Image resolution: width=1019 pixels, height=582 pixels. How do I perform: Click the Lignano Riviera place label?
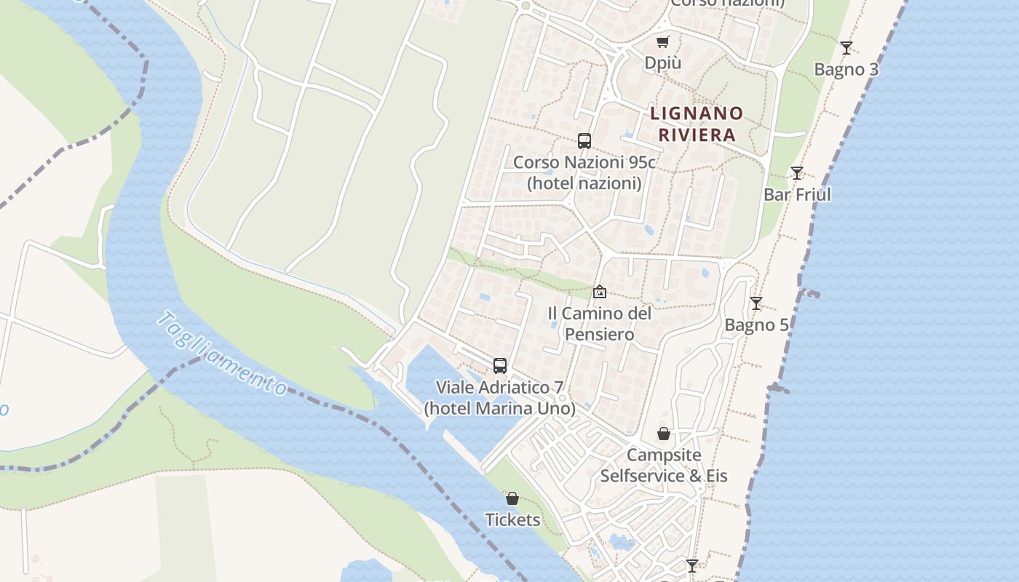tap(697, 124)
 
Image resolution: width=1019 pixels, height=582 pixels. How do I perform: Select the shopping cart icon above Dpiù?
tap(662, 42)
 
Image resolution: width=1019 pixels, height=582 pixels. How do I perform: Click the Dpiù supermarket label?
tap(662, 63)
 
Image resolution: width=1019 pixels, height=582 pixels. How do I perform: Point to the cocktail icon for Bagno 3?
tap(846, 48)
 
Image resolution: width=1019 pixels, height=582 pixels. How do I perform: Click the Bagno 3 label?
tap(846, 70)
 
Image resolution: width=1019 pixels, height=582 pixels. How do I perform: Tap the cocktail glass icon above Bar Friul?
tap(797, 173)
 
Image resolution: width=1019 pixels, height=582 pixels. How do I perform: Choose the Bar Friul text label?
tap(797, 195)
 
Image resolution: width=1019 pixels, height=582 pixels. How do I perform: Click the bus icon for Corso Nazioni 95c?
tap(584, 141)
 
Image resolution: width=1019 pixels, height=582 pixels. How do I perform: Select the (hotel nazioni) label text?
tap(584, 183)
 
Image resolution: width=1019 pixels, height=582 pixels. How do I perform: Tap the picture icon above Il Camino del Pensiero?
tap(599, 292)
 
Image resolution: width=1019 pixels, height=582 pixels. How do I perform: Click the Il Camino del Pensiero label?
tap(599, 324)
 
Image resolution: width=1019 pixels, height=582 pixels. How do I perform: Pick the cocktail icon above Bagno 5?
tap(756, 303)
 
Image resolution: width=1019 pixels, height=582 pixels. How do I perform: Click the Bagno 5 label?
tap(756, 325)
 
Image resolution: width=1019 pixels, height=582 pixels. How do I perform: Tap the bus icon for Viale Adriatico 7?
tap(499, 365)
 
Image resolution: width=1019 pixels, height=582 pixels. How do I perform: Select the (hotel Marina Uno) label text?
tap(499, 408)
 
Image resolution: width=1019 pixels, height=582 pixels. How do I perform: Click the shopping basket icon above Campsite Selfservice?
tap(664, 434)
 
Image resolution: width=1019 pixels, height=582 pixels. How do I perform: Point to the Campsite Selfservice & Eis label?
tap(664, 466)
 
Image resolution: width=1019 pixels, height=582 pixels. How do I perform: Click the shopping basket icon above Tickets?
tap(512, 498)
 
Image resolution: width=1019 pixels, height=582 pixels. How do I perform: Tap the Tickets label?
tap(512, 519)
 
